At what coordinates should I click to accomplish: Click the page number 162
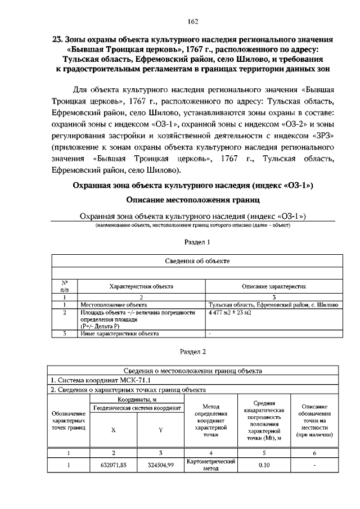(193, 21)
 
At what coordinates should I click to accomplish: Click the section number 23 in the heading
(57, 40)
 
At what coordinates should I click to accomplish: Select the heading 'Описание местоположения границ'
(193, 200)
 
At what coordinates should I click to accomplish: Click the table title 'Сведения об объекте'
(197, 261)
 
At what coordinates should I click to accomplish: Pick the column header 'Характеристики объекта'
(141, 286)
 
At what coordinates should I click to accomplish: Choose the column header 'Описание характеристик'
(274, 286)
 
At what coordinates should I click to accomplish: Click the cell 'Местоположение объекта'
(113, 305)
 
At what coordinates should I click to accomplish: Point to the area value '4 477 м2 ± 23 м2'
(230, 312)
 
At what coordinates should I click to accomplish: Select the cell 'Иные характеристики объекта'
(120, 334)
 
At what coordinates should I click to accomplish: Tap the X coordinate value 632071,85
(113, 465)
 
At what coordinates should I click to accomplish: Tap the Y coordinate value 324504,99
(160, 465)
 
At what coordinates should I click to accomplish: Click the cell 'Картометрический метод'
(210, 465)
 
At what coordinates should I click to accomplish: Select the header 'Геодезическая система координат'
(137, 407)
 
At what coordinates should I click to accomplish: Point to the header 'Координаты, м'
(137, 399)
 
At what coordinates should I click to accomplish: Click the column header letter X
(113, 430)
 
